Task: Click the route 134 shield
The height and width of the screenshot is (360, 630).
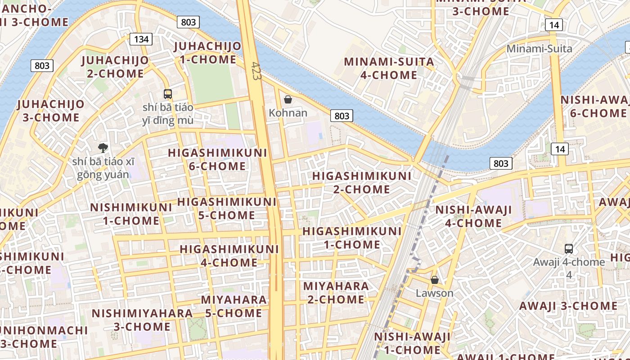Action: pos(141,39)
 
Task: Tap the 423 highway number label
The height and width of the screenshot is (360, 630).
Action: pos(256,72)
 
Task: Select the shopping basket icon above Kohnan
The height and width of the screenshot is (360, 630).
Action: pos(288,99)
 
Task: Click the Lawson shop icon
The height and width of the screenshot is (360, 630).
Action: pos(435,280)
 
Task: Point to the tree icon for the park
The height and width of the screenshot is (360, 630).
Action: pos(103,148)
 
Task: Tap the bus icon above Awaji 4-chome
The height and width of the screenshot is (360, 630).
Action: pos(569,248)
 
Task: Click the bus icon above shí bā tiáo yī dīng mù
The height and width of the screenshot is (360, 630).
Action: pos(168,94)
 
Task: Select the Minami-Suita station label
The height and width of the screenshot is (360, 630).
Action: pos(539,49)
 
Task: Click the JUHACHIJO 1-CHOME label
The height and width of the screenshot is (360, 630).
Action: pos(207,53)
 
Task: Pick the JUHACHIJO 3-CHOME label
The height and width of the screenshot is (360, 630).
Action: pos(51,111)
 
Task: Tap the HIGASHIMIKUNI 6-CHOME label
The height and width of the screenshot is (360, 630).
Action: pos(217,159)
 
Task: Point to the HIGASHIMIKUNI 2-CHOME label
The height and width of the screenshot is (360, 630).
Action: pos(362,182)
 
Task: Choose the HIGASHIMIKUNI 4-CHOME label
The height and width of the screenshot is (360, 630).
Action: pos(229,256)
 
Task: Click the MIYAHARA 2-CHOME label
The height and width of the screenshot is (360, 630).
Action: pos(336,292)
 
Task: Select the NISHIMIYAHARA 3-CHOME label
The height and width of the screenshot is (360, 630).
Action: pos(142,319)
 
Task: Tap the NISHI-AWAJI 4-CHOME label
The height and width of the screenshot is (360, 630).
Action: pos(473,216)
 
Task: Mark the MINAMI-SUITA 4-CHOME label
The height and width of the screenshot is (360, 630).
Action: pos(389,68)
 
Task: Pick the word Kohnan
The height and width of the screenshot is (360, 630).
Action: pos(288,113)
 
